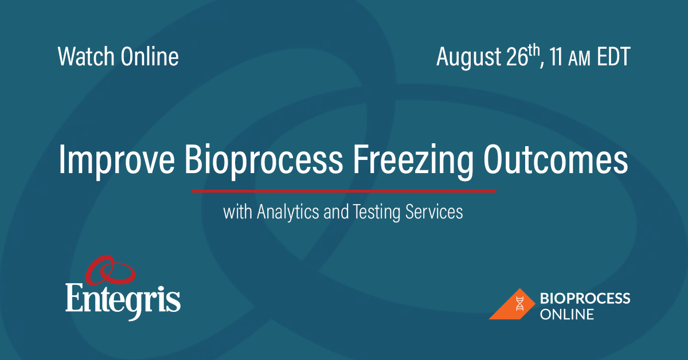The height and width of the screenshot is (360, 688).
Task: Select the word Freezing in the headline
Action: [x=408, y=161]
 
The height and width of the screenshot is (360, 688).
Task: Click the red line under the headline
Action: [x=343, y=190]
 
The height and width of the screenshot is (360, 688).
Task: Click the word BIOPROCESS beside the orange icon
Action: [x=585, y=298]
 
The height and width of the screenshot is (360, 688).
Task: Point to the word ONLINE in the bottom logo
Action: [x=567, y=314]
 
